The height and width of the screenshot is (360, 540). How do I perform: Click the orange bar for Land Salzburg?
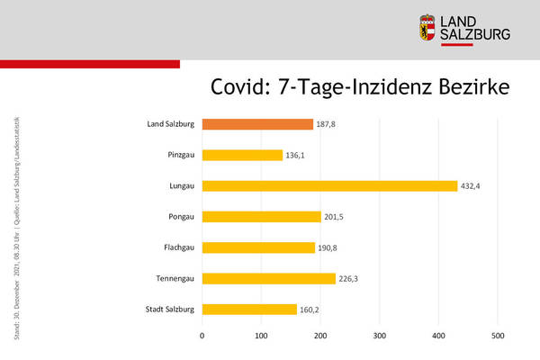[x=257, y=124]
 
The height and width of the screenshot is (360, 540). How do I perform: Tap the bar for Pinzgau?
[x=242, y=155]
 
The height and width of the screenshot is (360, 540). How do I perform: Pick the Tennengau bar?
[x=268, y=278]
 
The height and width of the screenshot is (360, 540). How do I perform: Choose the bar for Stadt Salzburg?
[x=249, y=310]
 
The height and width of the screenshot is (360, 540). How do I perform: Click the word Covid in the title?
[x=239, y=87]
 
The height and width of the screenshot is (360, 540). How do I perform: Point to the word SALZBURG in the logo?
[x=478, y=35]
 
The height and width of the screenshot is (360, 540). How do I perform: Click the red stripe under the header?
[x=90, y=64]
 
